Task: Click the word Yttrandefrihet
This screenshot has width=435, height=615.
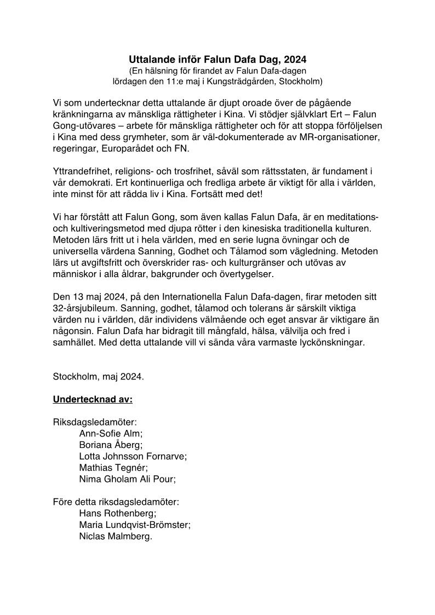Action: tap(81, 171)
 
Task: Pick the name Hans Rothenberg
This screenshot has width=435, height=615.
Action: tap(118, 514)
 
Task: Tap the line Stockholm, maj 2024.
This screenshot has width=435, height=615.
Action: tap(99, 376)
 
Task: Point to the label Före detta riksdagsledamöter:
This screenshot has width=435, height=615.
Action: tap(116, 502)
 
